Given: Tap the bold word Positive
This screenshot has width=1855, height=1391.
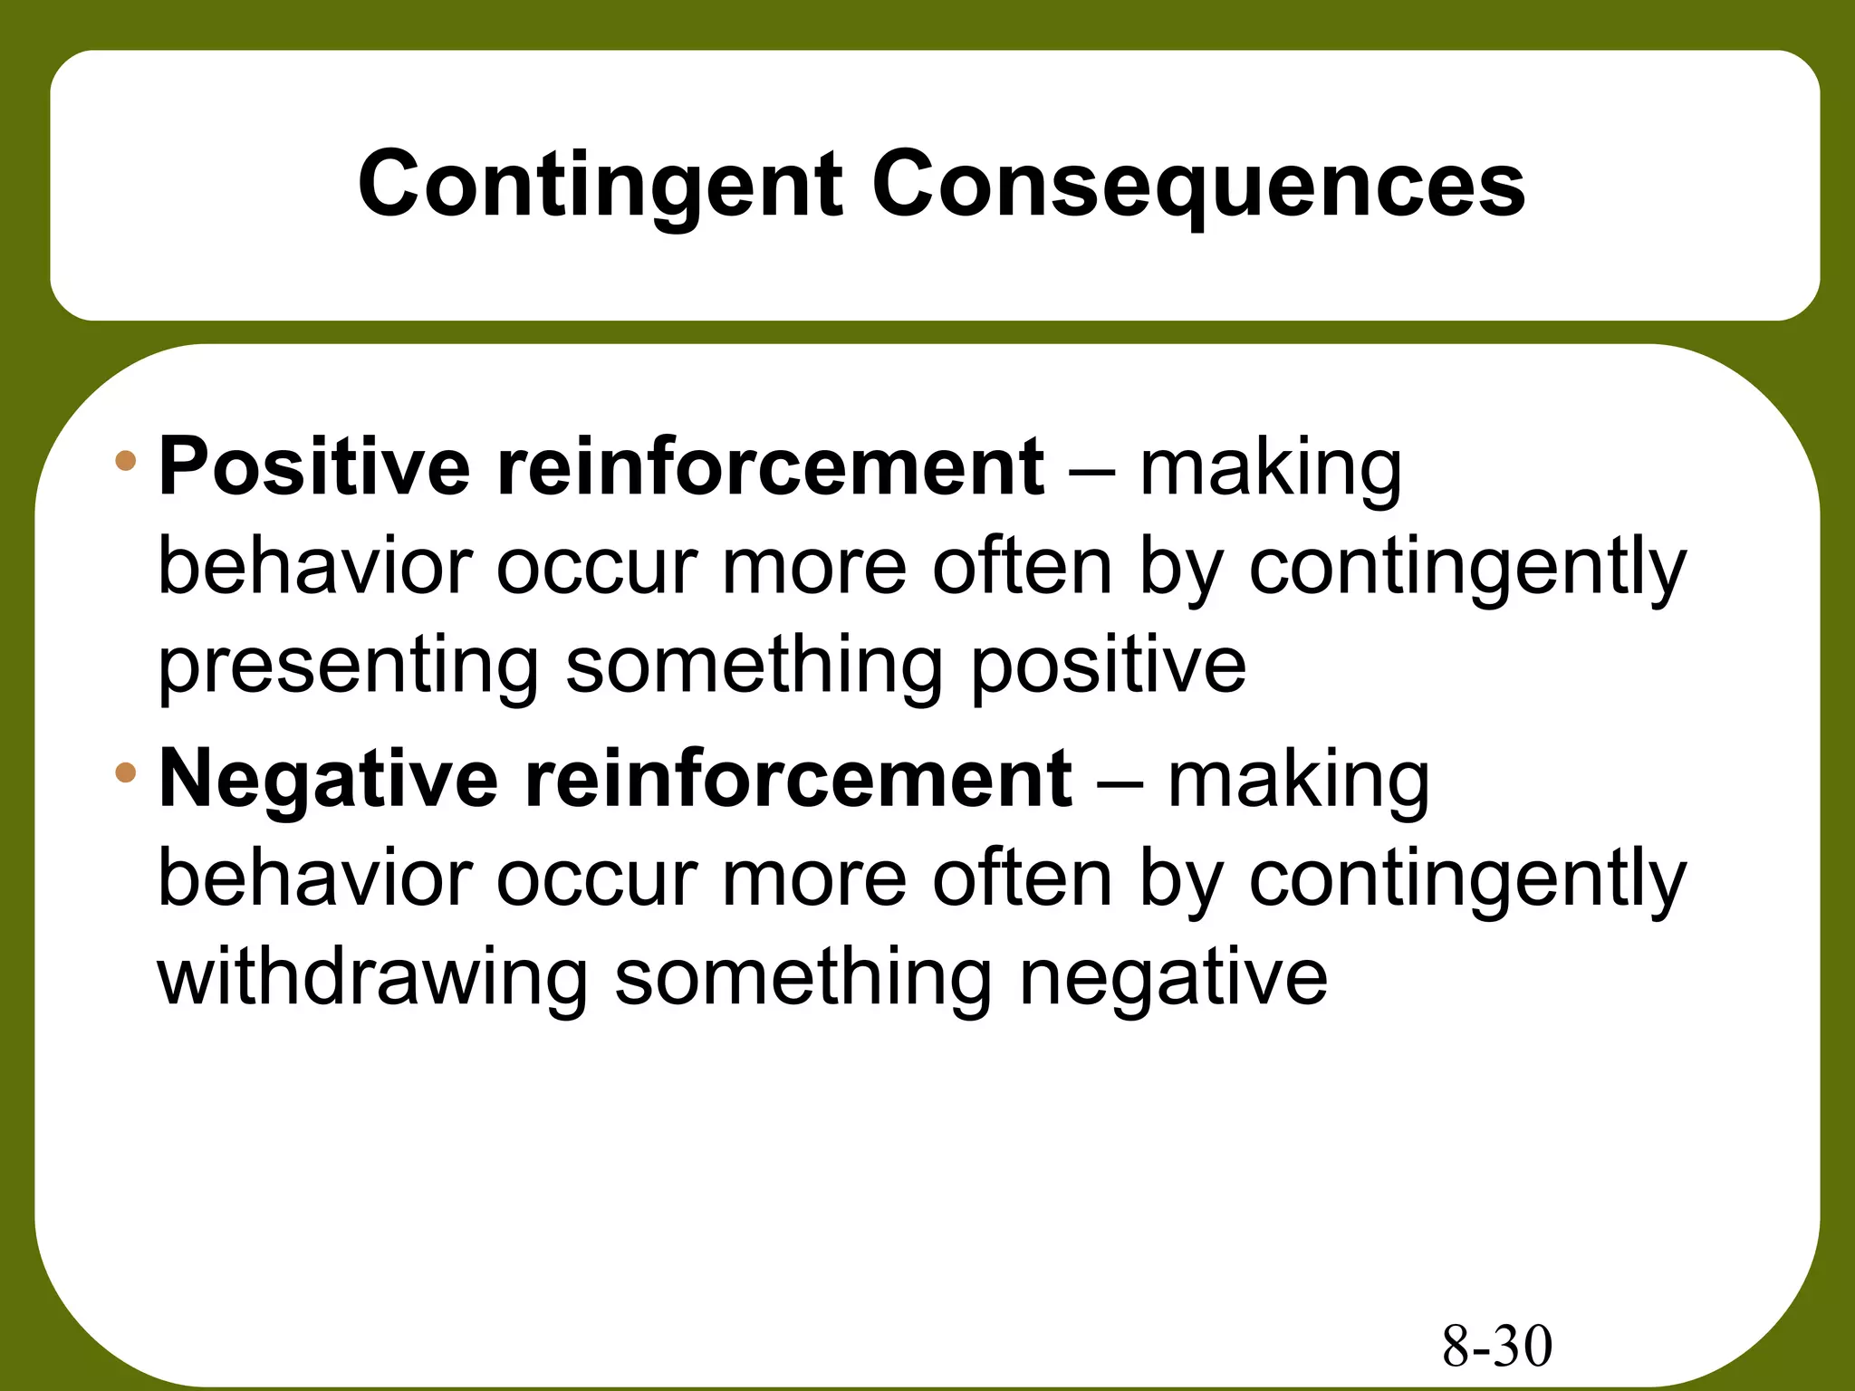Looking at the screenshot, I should pyautogui.click(x=314, y=467).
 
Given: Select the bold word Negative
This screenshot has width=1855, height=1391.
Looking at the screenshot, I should pyautogui.click(x=328, y=780).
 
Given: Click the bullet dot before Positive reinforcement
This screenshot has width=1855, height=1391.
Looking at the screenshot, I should pyautogui.click(x=126, y=461).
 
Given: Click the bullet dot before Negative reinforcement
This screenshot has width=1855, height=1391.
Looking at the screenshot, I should pyautogui.click(x=126, y=773).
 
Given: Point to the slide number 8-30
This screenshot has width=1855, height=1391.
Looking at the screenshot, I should pyautogui.click(x=1496, y=1346).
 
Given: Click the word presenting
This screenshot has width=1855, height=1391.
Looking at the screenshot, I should pyautogui.click(x=349, y=666).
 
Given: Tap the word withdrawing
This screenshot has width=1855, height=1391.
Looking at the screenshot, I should pyautogui.click(x=373, y=978).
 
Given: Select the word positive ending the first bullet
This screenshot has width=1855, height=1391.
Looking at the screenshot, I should pyautogui.click(x=1109, y=666).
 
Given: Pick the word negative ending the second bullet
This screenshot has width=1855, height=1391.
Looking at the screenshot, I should pyautogui.click(x=1173, y=978).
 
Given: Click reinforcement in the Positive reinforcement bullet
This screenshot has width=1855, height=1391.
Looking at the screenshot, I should pyautogui.click(x=770, y=467).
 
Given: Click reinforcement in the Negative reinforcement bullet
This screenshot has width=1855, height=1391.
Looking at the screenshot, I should pyautogui.click(x=798, y=780).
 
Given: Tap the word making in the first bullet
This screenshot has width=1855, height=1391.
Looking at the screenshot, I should pyautogui.click(x=1270, y=469).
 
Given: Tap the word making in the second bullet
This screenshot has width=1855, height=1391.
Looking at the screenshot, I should pyautogui.click(x=1298, y=782).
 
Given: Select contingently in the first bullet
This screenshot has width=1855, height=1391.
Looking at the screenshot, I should pyautogui.click(x=1467, y=569).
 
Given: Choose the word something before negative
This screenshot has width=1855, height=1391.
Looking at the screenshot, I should pyautogui.click(x=803, y=978).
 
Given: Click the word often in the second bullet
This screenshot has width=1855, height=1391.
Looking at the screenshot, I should pyautogui.click(x=1022, y=878).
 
